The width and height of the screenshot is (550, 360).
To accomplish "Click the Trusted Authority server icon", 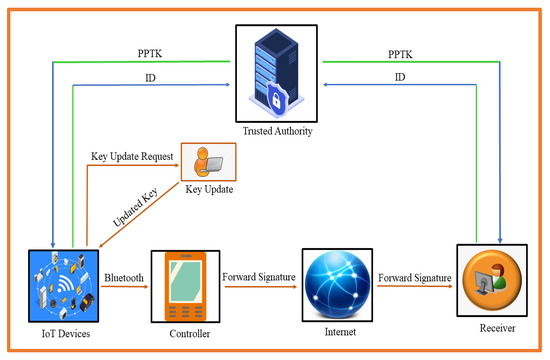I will point(274,66).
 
